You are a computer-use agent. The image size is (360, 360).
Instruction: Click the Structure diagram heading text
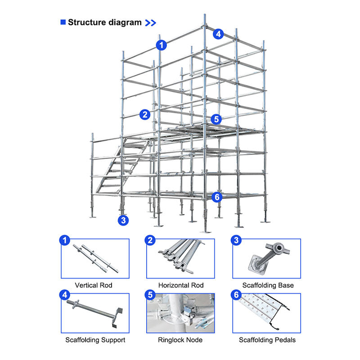tap(104, 22)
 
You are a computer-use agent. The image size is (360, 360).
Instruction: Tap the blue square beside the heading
tap(63, 22)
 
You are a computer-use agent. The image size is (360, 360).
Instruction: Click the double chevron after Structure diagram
tap(151, 22)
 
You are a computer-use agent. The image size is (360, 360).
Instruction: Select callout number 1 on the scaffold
tap(162, 45)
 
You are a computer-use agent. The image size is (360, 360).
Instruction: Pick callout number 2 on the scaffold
tap(144, 114)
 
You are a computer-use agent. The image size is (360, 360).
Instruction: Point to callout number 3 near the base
tap(123, 220)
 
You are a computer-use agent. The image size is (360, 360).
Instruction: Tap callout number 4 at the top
tap(218, 33)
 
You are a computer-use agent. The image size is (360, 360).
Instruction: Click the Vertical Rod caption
tap(94, 285)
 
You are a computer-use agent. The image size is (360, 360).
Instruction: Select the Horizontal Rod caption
tap(181, 285)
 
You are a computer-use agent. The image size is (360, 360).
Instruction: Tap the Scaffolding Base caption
tap(268, 285)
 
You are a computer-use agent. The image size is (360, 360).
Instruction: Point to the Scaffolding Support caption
tap(95, 340)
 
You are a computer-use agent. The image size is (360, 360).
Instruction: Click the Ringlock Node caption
tap(180, 340)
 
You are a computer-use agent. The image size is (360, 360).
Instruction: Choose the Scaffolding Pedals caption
tap(267, 340)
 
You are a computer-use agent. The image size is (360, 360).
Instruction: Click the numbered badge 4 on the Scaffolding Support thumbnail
tap(65, 295)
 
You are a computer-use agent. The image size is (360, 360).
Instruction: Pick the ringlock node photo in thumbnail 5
tap(180, 313)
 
